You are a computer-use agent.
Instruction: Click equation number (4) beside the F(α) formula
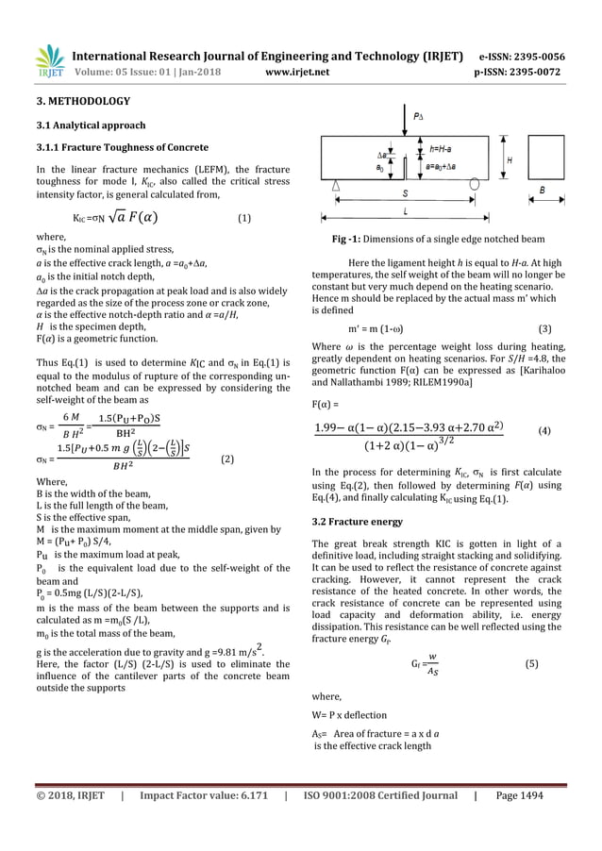[543, 430]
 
